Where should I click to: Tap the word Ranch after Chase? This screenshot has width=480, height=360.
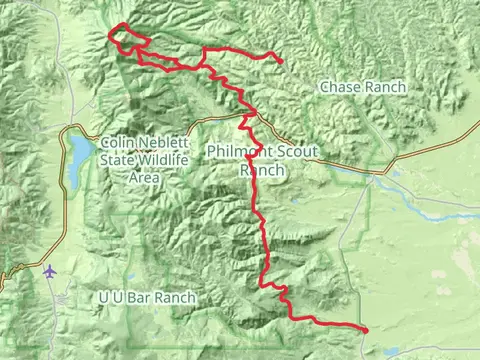click(x=385, y=88)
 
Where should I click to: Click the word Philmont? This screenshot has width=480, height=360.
click(x=236, y=151)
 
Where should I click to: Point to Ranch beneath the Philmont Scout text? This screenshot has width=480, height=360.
click(x=262, y=170)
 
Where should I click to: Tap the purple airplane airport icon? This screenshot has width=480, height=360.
click(x=50, y=271)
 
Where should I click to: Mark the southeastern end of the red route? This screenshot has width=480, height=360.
click(x=366, y=330)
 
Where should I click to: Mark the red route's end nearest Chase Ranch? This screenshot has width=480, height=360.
click(x=281, y=63)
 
